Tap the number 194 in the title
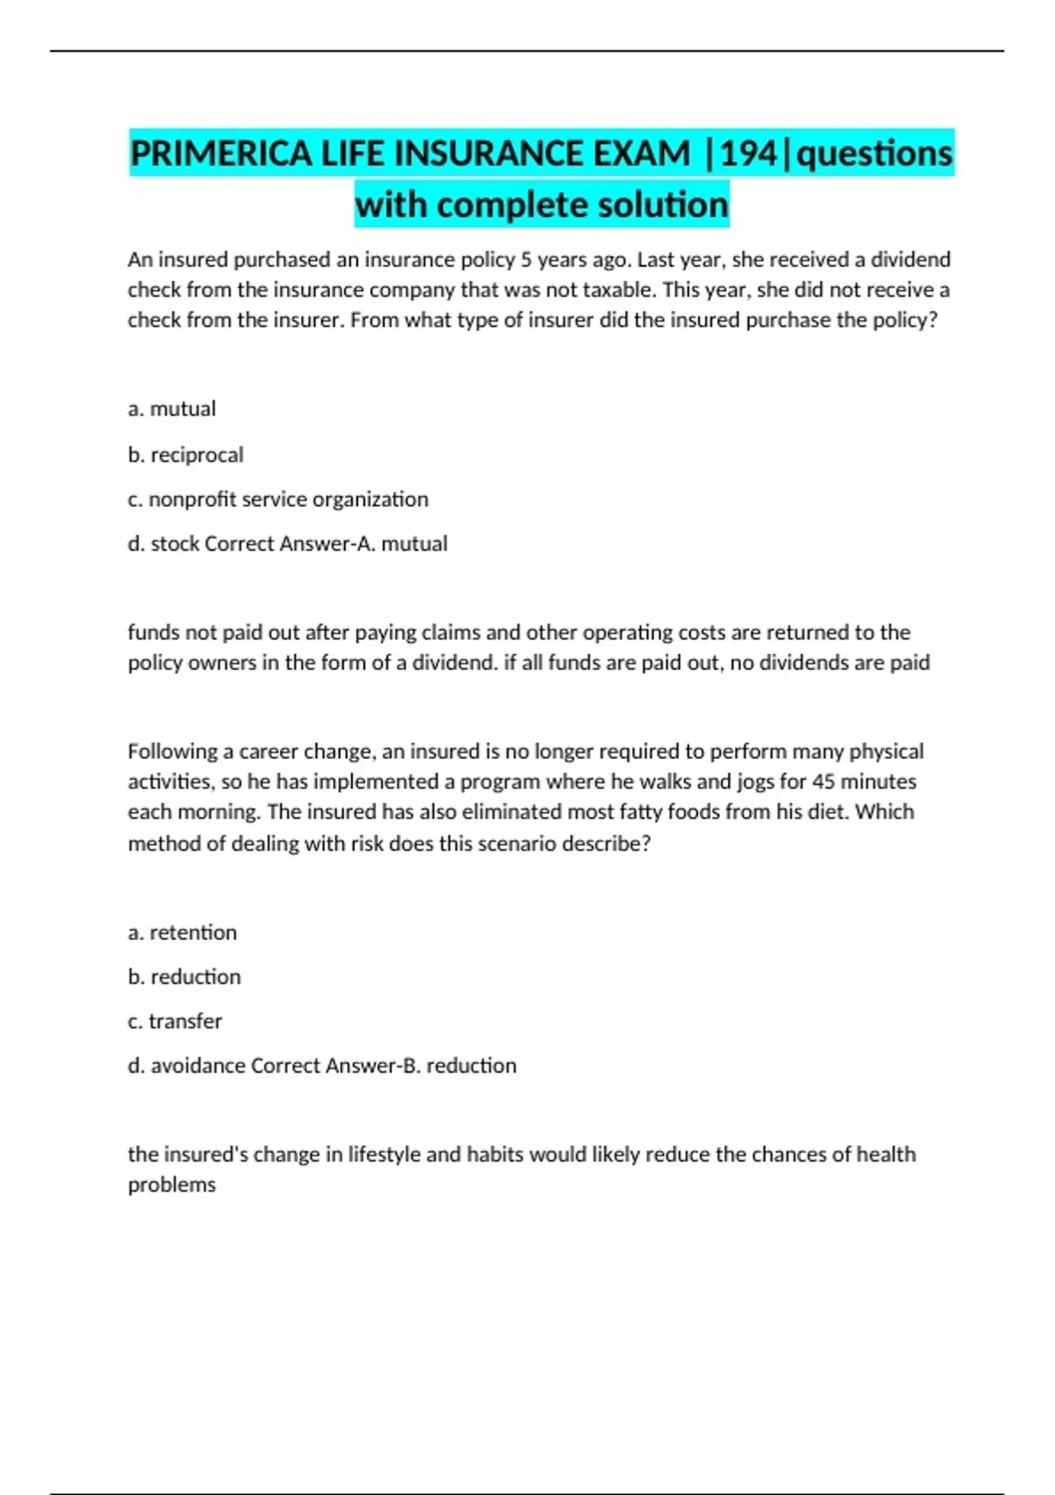[749, 154]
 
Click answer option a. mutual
[171, 409]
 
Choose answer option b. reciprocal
[186, 455]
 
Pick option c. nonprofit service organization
[278, 500]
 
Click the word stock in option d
[174, 543]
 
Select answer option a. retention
[182, 932]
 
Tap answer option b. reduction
[184, 977]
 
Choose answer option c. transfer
[175, 1021]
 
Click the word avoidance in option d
[198, 1066]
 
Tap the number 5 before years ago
[526, 260]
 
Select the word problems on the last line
[171, 1185]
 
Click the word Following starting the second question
[171, 752]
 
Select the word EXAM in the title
[642, 154]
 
